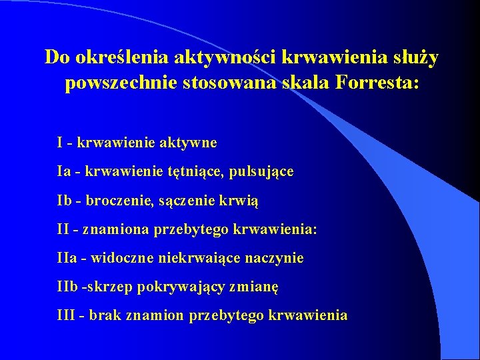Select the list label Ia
pyautogui.click(x=64, y=171)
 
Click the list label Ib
pyautogui.click(x=65, y=200)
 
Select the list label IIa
pyautogui.click(x=67, y=257)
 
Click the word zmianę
pyautogui.click(x=257, y=287)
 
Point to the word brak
pyautogui.click(x=105, y=315)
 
